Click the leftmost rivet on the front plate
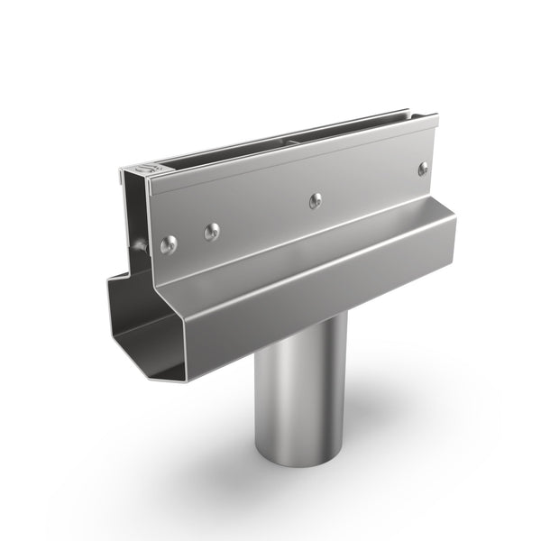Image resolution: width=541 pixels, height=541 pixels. pyautogui.click(x=168, y=243)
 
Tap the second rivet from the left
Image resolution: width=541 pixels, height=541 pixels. pyautogui.click(x=211, y=232)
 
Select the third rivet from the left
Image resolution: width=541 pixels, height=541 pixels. pyautogui.click(x=315, y=200)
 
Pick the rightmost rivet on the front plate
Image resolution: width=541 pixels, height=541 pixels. pyautogui.click(x=423, y=168)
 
